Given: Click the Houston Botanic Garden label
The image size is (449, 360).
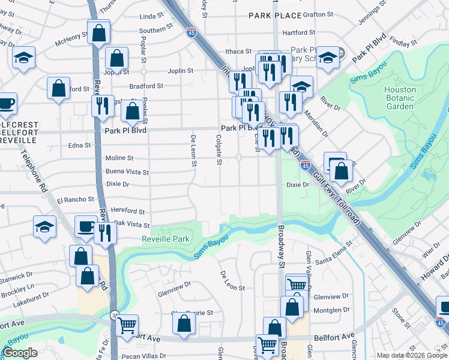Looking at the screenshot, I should (400, 98).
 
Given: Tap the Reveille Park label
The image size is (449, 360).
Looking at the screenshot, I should (166, 239).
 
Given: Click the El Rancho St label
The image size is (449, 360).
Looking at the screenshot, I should (76, 199).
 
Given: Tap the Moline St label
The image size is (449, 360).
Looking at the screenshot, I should (119, 158).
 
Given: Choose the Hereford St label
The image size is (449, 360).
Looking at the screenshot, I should (128, 212).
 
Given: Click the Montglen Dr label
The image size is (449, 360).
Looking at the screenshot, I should (331, 310).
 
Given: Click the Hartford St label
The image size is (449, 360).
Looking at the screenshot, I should (298, 32).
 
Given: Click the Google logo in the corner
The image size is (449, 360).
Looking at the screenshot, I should (20, 353).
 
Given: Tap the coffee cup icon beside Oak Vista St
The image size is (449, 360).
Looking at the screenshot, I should (86, 227).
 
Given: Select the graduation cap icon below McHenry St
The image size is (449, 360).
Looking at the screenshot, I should (23, 58).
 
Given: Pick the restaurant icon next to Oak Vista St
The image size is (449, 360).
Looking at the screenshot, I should (106, 232).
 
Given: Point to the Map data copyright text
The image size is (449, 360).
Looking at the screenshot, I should (412, 355).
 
